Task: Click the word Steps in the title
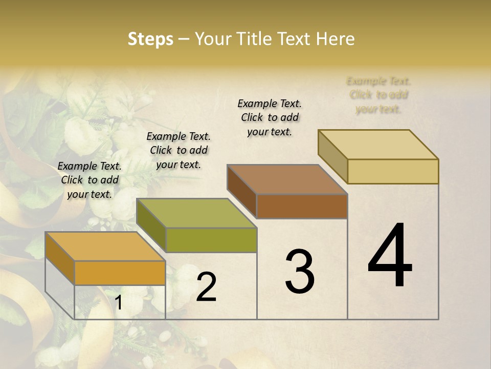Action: tap(150, 39)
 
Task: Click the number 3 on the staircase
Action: tap(299, 272)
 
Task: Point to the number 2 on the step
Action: tap(206, 287)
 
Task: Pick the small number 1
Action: tap(119, 303)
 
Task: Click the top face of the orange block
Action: tap(105, 247)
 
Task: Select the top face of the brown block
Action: tap(287, 179)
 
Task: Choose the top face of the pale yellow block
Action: tap(378, 145)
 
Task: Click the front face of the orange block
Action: tap(120, 273)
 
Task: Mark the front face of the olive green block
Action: tap(211, 240)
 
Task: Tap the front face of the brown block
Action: tap(302, 206)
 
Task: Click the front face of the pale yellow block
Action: tap(393, 171)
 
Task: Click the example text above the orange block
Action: tap(90, 180)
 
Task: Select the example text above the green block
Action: tap(178, 150)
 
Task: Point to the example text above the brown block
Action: tap(270, 117)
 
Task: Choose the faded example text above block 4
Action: tap(378, 95)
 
